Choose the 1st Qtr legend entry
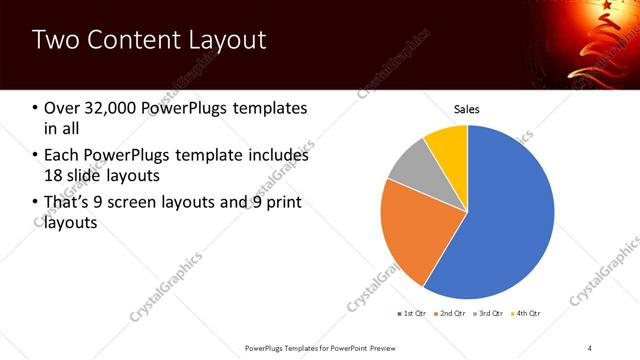pyautogui.click(x=412, y=314)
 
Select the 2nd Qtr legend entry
pyautogui.click(x=449, y=314)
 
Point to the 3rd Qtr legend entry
pyautogui.click(x=488, y=314)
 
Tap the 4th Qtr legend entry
pyautogui.click(x=526, y=314)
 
